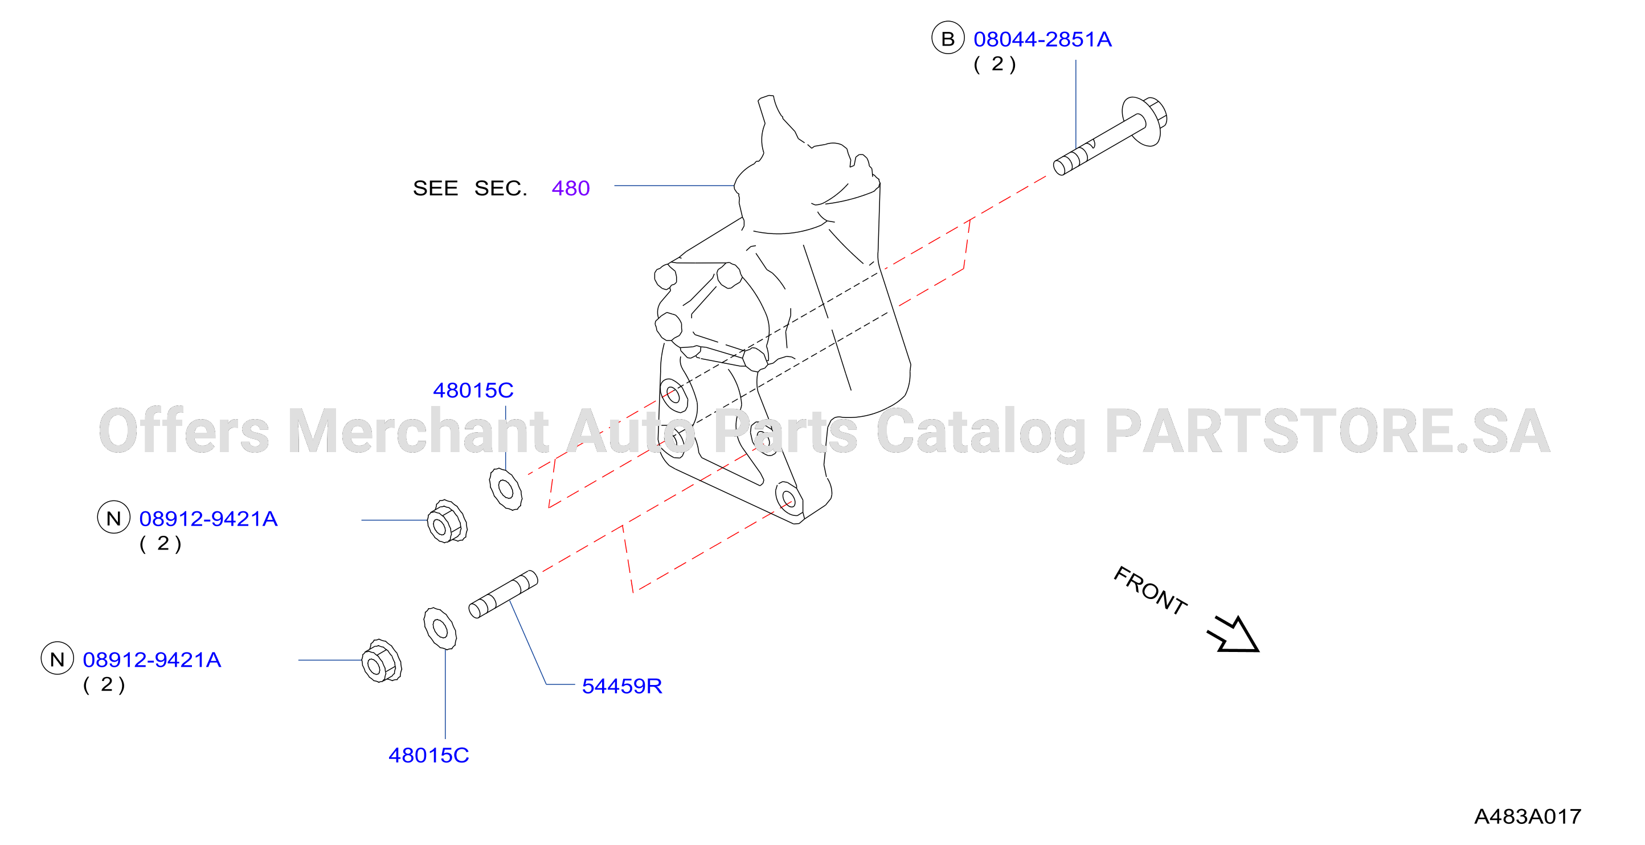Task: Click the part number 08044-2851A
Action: pyautogui.click(x=1042, y=39)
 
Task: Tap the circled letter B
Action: pyautogui.click(x=948, y=38)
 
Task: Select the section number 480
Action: pyautogui.click(x=570, y=188)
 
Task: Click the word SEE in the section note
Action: pyautogui.click(x=436, y=188)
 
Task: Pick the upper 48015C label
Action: pyautogui.click(x=473, y=390)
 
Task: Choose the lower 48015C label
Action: pyautogui.click(x=428, y=755)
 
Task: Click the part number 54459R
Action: pyautogui.click(x=622, y=686)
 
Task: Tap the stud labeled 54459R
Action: pyautogui.click(x=503, y=594)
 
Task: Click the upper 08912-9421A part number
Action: pyautogui.click(x=208, y=519)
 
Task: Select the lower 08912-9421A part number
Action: pyautogui.click(x=152, y=660)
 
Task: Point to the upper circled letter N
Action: pyautogui.click(x=114, y=518)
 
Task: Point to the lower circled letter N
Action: pyautogui.click(x=58, y=659)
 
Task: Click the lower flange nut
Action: pyautogui.click(x=381, y=661)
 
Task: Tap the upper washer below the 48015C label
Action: pyautogui.click(x=506, y=489)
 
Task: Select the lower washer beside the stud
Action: pyautogui.click(x=440, y=629)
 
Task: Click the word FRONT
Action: pyautogui.click(x=1150, y=591)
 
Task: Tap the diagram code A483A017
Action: pyautogui.click(x=1528, y=817)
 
